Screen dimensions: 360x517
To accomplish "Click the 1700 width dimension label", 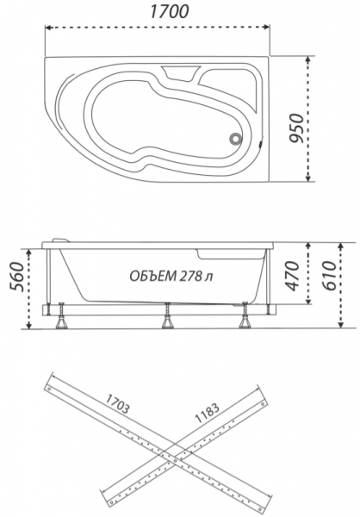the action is [x=169, y=11].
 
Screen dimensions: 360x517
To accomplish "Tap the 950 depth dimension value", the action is [x=295, y=128].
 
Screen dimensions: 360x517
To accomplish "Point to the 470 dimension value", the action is [x=292, y=276].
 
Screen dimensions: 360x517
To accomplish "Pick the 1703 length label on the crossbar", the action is [x=117, y=403].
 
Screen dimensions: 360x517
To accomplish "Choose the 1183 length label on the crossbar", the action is [x=207, y=413].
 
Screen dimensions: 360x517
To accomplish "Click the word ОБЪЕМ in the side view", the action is [x=152, y=276].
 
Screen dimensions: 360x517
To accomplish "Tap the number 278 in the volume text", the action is [x=190, y=276].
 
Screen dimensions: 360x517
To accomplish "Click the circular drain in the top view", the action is [x=236, y=139].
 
